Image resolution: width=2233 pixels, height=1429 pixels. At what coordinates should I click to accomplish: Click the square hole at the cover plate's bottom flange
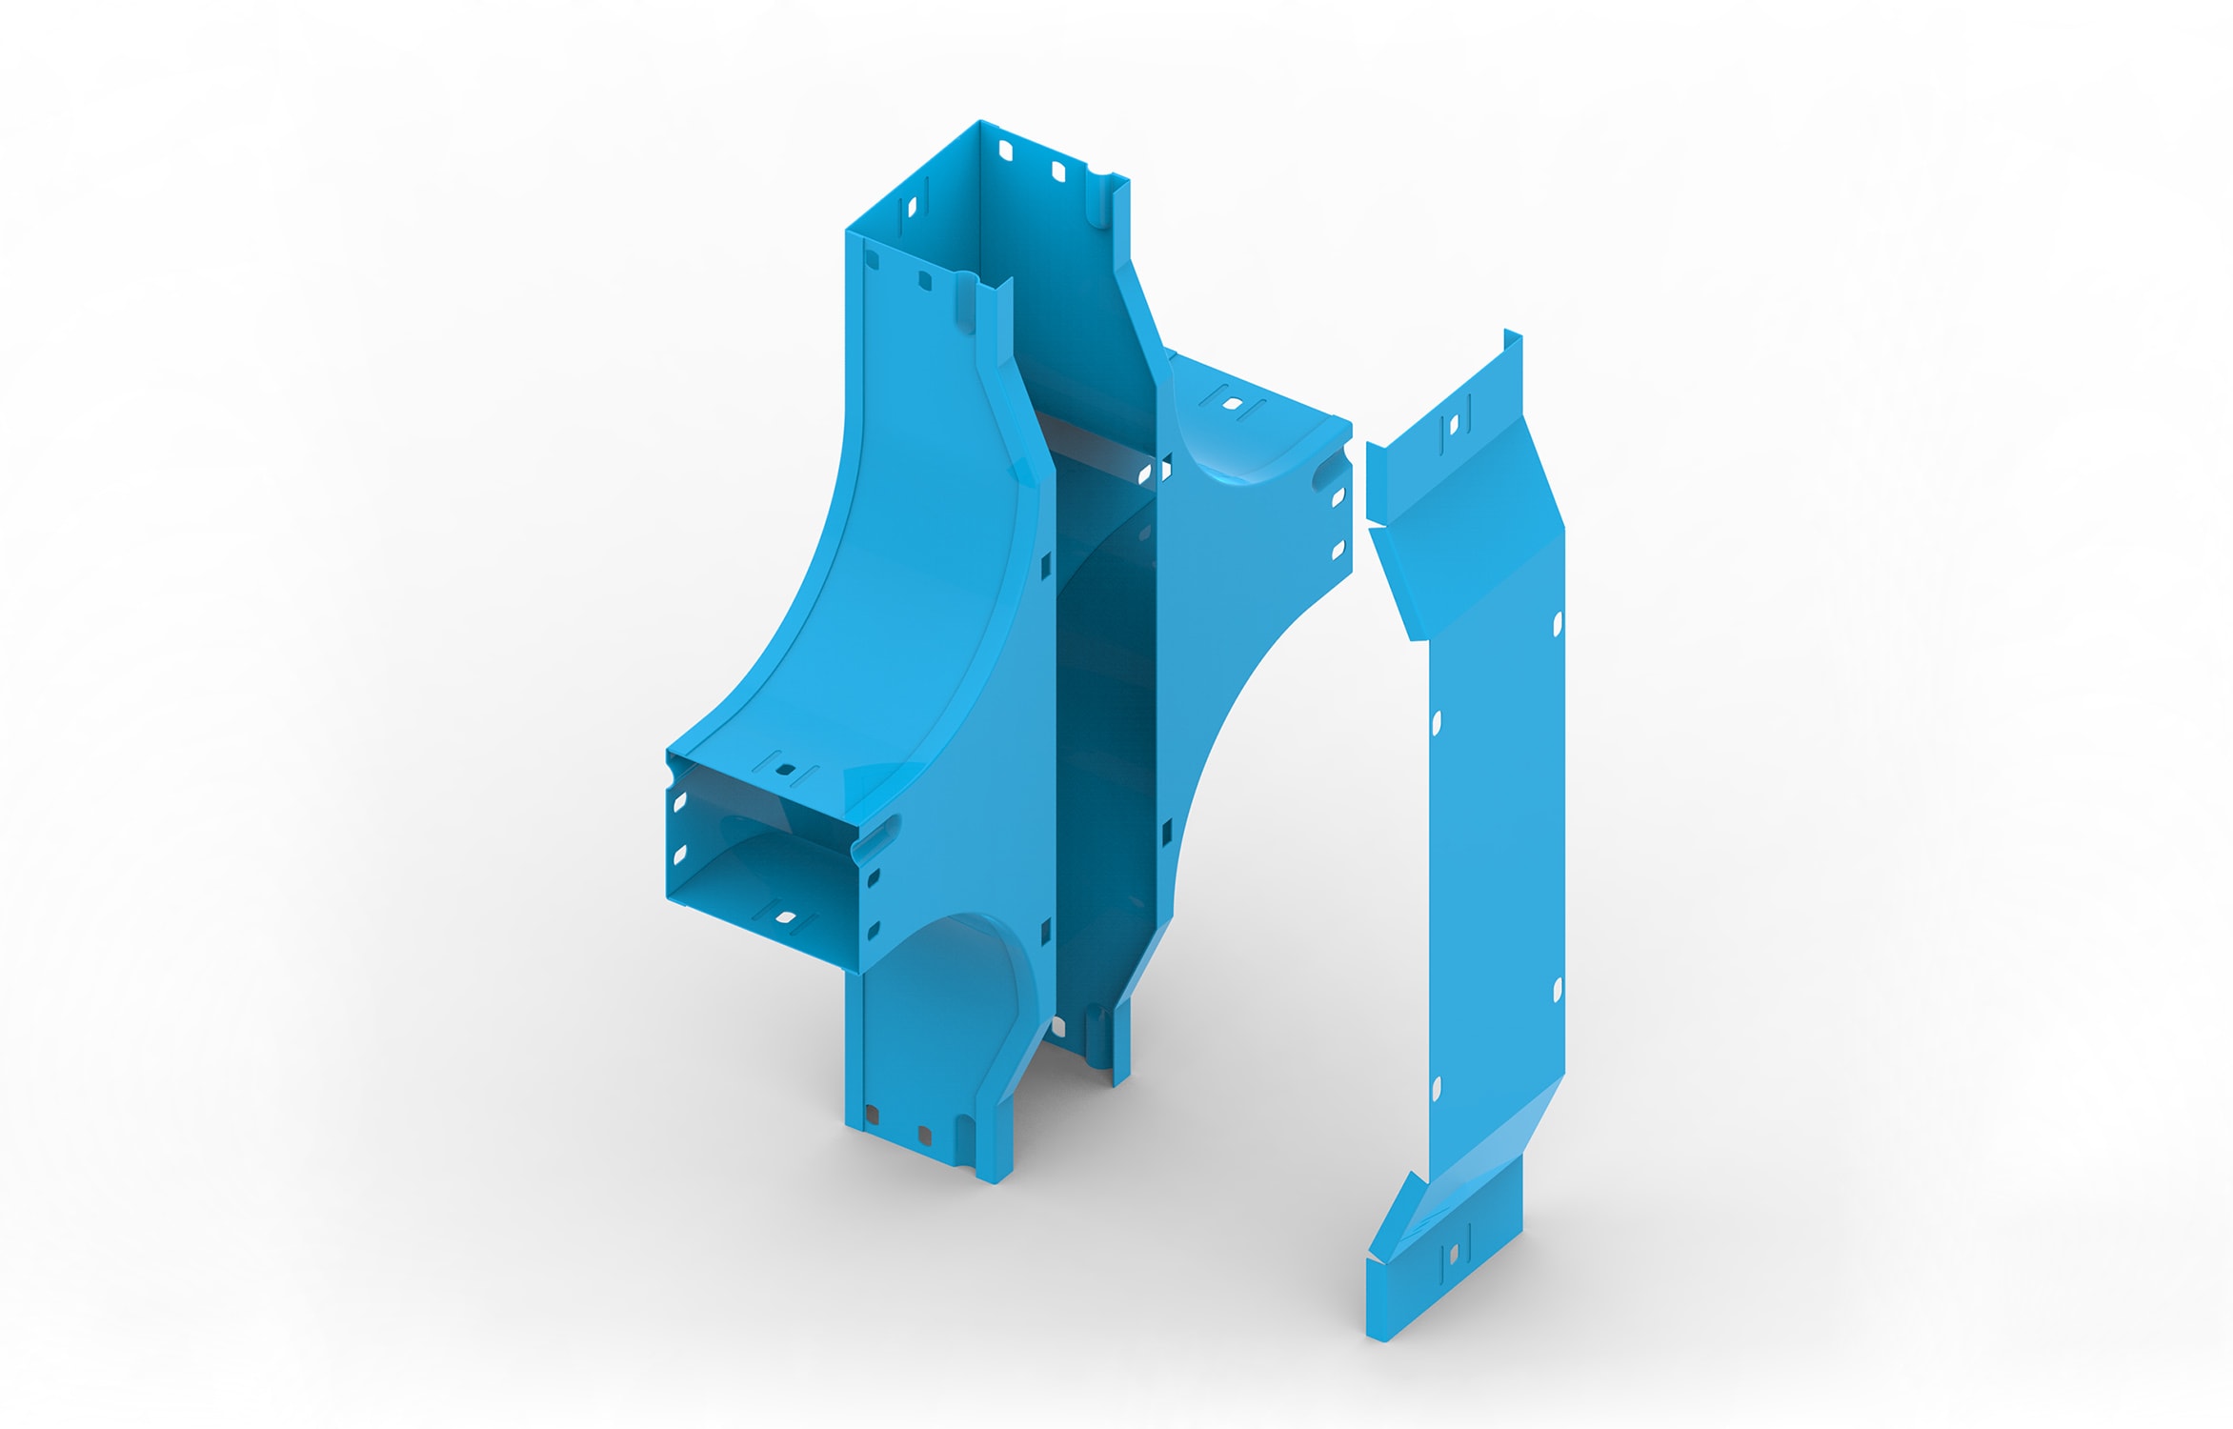[1454, 1255]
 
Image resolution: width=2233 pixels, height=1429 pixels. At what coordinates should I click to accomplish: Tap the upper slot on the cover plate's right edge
[1558, 624]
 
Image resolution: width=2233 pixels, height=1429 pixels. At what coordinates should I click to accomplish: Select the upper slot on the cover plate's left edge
[1437, 722]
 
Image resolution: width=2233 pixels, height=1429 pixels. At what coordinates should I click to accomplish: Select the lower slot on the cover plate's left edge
[1437, 1087]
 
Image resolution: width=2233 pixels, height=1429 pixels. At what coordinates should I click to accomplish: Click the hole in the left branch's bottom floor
[787, 917]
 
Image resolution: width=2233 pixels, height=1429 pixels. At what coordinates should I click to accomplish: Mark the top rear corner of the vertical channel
[980, 122]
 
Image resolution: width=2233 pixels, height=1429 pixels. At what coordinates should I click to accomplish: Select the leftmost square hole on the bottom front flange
[872, 1114]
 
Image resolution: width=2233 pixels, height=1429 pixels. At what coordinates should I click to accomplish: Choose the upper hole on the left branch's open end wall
[680, 803]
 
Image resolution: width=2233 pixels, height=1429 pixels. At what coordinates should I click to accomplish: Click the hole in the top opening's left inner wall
[911, 208]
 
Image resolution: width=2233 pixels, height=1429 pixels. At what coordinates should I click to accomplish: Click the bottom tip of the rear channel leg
[1119, 1081]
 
